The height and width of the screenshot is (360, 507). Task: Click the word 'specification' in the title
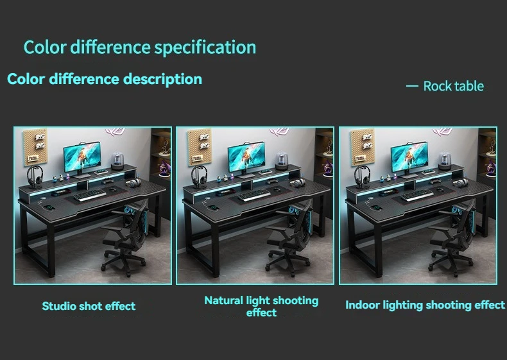(205, 47)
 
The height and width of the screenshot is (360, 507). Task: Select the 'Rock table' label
(453, 87)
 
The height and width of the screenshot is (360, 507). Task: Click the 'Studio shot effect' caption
(89, 306)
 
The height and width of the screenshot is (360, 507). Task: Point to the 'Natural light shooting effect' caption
(261, 306)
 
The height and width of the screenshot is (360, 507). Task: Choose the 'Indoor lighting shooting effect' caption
(425, 305)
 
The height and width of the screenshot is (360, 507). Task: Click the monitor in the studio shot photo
(82, 159)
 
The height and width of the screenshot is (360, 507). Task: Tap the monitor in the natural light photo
(246, 159)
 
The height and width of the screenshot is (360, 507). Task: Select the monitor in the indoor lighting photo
(409, 159)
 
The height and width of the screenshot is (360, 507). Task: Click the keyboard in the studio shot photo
(90, 194)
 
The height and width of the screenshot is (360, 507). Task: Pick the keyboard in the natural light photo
(254, 194)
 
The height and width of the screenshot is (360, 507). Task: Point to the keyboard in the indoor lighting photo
(417, 194)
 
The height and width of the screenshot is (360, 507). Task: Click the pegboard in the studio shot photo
(35, 147)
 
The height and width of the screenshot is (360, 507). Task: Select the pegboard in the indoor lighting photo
(363, 147)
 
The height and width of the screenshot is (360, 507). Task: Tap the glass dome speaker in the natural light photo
(282, 160)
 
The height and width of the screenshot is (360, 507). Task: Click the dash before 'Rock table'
(412, 86)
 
